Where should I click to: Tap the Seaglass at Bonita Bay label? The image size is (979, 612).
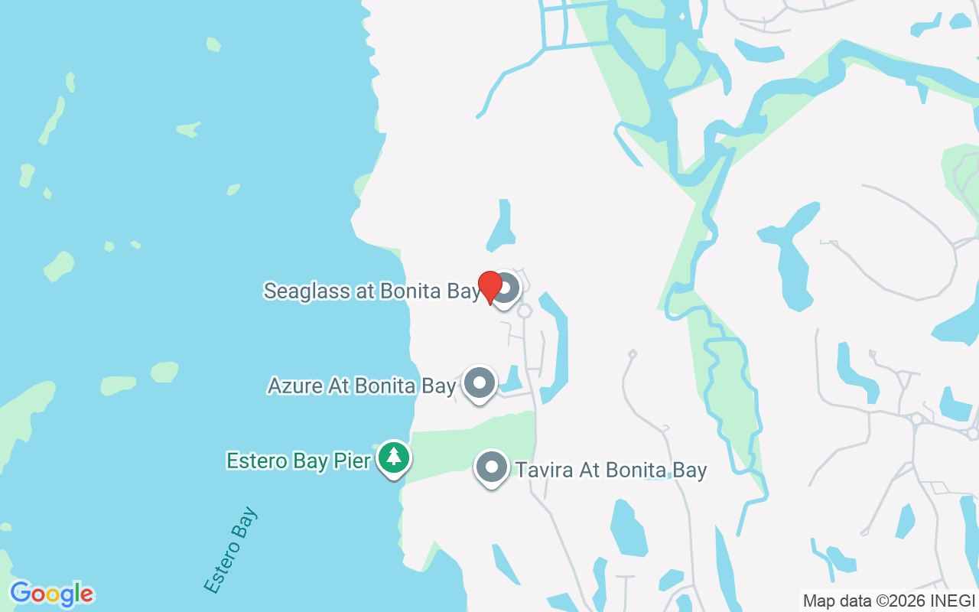coord(372,291)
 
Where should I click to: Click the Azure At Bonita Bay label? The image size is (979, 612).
coord(362,386)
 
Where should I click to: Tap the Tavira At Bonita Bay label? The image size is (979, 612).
coord(610,469)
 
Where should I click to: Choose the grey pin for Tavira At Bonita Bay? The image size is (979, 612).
coord(492,467)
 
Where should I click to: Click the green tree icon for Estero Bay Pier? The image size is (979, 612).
coord(394,457)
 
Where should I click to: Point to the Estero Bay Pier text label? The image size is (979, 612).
coord(298,461)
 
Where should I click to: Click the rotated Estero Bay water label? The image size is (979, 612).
coord(231,550)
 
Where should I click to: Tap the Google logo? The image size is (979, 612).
coord(51,594)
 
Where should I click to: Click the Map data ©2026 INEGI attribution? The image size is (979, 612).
coord(889,601)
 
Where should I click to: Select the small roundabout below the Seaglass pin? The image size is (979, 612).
coord(525,311)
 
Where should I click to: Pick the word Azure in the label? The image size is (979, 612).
coord(295,386)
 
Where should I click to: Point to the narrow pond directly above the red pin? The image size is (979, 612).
coord(502,228)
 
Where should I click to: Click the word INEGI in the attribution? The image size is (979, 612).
coord(954,601)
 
